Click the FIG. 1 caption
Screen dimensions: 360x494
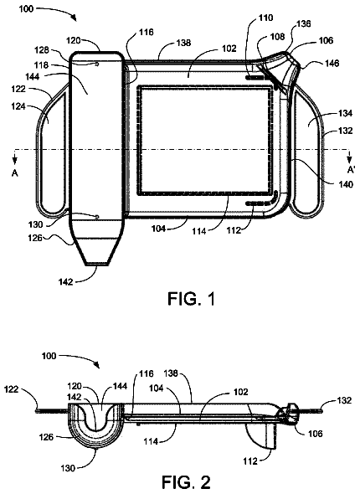(192, 298)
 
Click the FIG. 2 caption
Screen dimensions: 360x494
(186, 482)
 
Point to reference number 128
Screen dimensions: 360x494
(42, 50)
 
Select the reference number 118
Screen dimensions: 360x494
(42, 65)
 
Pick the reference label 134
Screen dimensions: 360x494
(346, 113)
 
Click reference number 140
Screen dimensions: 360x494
(346, 184)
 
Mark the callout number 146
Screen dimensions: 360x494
(332, 64)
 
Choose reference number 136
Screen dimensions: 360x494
(303, 23)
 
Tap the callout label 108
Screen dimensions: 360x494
(277, 37)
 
